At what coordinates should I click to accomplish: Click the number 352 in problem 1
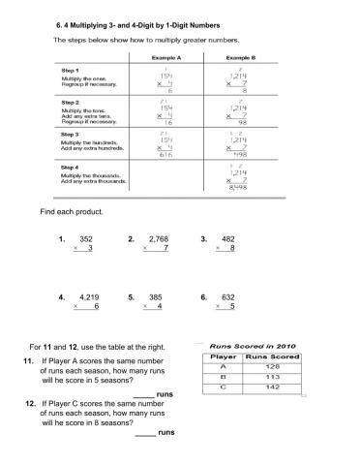pos(86,238)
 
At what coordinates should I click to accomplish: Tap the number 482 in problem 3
pos(228,238)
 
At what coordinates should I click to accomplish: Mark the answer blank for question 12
pos(144,432)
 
